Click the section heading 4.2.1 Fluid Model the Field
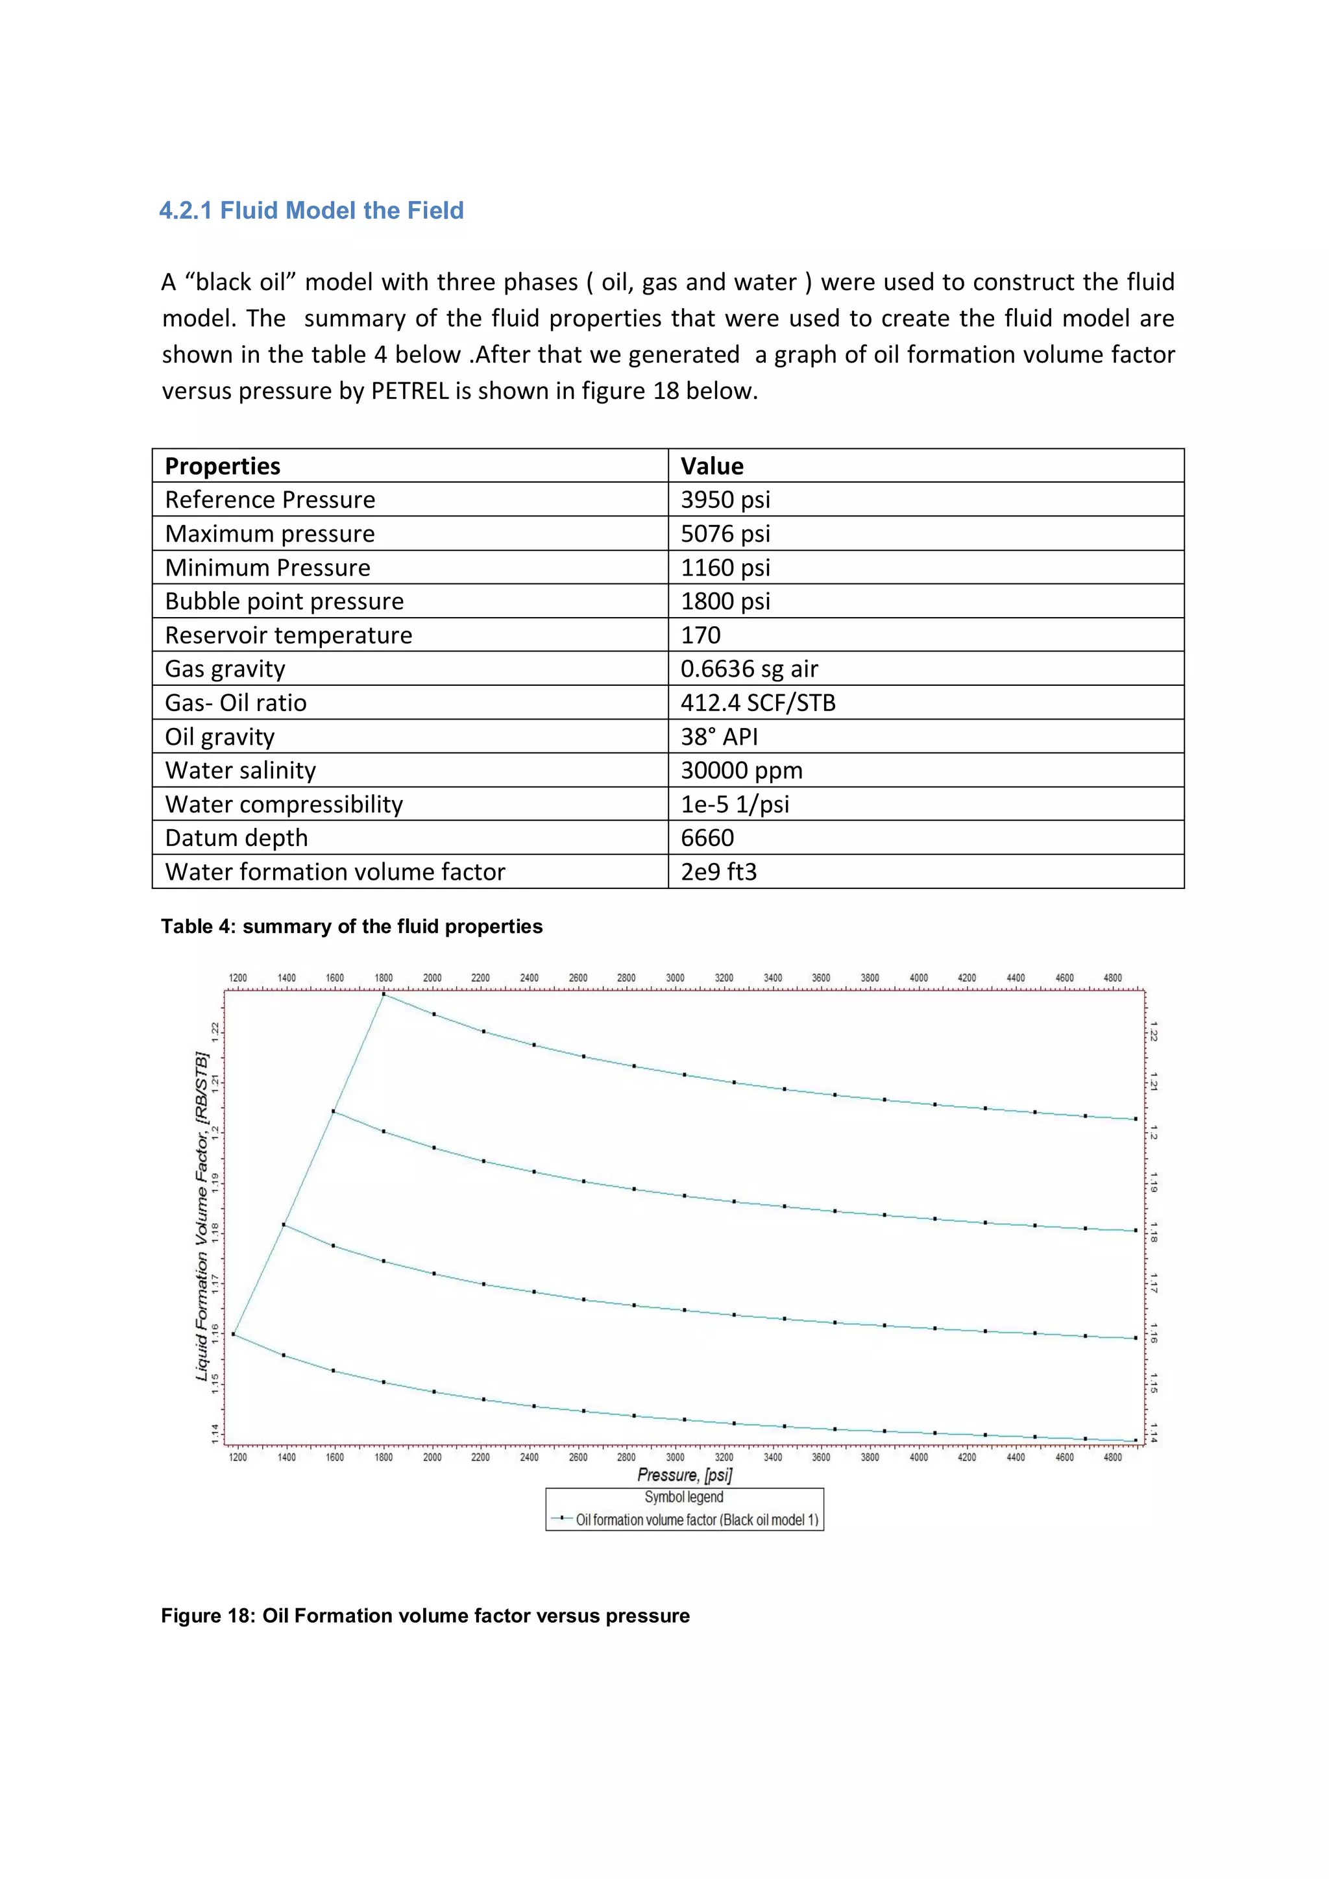point(311,210)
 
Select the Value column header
point(712,466)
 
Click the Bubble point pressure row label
point(284,601)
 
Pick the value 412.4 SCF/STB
point(758,702)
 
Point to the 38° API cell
point(719,736)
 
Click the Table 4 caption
point(351,927)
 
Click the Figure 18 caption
point(425,1616)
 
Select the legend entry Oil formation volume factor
point(696,1520)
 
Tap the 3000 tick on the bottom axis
point(675,1457)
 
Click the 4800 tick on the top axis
point(1112,978)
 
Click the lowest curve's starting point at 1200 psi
point(234,1334)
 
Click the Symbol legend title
point(684,1497)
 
